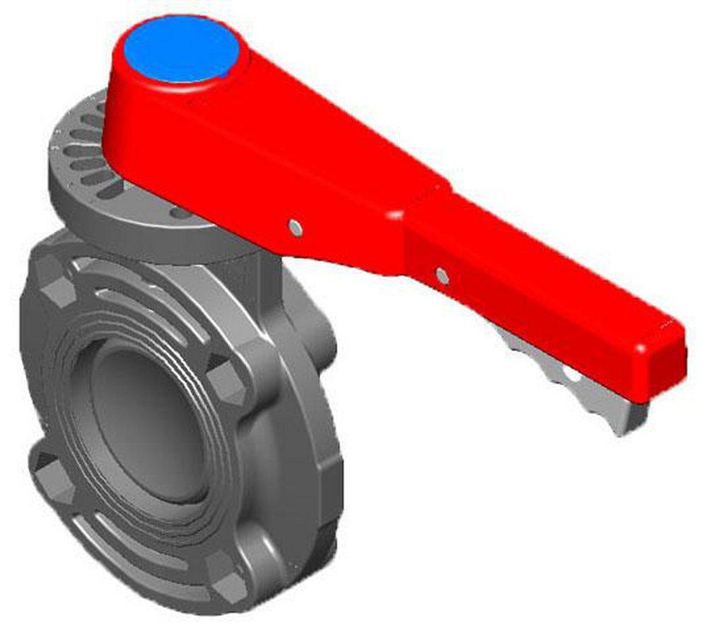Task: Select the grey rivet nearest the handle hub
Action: (x=295, y=227)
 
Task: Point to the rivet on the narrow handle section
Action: (x=442, y=275)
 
